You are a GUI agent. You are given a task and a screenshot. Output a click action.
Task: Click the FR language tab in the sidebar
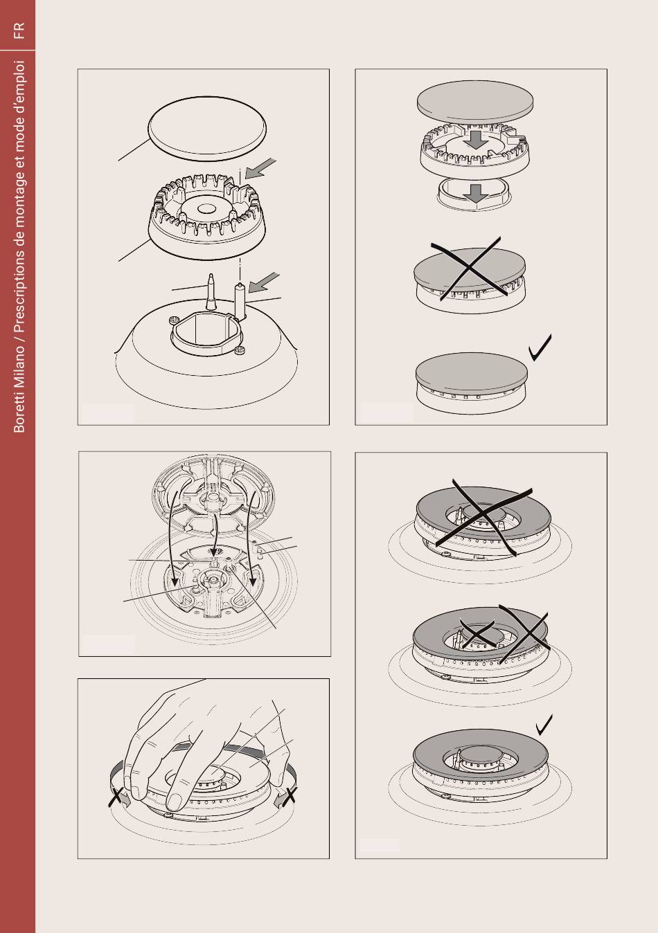point(19,30)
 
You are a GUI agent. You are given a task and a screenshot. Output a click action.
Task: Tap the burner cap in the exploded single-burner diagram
point(207,129)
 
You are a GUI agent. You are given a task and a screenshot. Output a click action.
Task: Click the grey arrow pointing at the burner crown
point(260,168)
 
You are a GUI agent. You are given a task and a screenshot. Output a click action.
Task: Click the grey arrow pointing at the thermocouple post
point(264,283)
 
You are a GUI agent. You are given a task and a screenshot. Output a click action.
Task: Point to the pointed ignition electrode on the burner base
point(212,291)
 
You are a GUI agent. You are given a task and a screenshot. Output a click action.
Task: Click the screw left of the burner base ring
point(174,320)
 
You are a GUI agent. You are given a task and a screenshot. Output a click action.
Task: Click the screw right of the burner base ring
point(240,350)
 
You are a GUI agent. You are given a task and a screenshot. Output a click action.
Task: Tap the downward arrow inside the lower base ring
point(476,193)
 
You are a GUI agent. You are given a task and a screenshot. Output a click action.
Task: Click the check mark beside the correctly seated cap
point(540,347)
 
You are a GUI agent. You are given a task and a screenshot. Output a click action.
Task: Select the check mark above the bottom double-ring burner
point(544,725)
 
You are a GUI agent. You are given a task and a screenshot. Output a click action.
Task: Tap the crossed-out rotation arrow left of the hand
point(118,797)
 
